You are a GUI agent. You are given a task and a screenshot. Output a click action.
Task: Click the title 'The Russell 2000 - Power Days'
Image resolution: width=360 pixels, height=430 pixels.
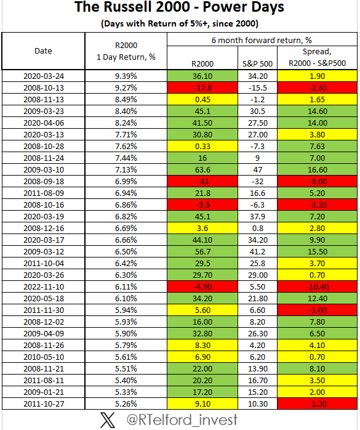[180, 8]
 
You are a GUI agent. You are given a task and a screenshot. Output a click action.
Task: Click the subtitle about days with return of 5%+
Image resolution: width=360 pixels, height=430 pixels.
[180, 23]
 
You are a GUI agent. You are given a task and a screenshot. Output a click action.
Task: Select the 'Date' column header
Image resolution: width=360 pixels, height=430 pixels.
[43, 51]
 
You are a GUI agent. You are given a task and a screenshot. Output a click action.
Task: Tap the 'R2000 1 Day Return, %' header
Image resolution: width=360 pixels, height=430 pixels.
[126, 51]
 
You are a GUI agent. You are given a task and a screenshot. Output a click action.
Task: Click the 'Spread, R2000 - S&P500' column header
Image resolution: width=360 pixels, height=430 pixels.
[314, 57]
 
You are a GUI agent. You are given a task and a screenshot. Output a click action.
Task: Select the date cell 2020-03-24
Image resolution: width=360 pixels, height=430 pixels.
[43, 76]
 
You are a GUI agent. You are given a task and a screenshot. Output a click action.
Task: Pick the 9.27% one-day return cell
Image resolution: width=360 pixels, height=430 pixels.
[126, 87]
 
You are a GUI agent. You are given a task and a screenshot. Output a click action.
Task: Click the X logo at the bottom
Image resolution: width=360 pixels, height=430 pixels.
[108, 420]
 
